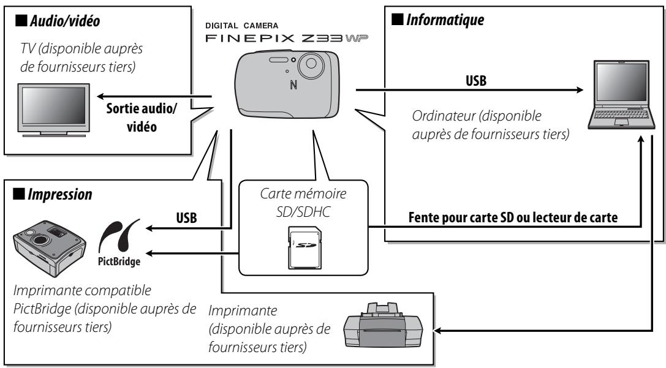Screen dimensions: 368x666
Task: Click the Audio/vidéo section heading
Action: [x=55, y=20]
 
